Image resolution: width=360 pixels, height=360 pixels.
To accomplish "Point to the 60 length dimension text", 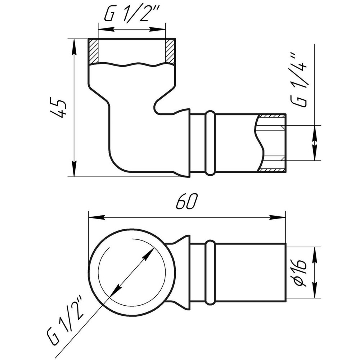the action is (186, 202).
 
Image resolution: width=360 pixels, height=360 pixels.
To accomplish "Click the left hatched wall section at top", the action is (93, 51).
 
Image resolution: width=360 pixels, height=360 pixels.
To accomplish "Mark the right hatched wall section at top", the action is (170, 51).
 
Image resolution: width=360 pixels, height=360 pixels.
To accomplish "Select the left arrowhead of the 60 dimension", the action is (96, 217).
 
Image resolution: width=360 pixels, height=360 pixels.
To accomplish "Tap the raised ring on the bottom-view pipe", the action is (210, 273).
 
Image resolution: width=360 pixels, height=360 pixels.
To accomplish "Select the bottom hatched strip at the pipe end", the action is (272, 170).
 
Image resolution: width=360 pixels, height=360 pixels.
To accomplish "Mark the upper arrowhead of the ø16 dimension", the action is (315, 255).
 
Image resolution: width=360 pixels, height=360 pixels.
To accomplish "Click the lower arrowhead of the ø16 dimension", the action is (315, 290).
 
